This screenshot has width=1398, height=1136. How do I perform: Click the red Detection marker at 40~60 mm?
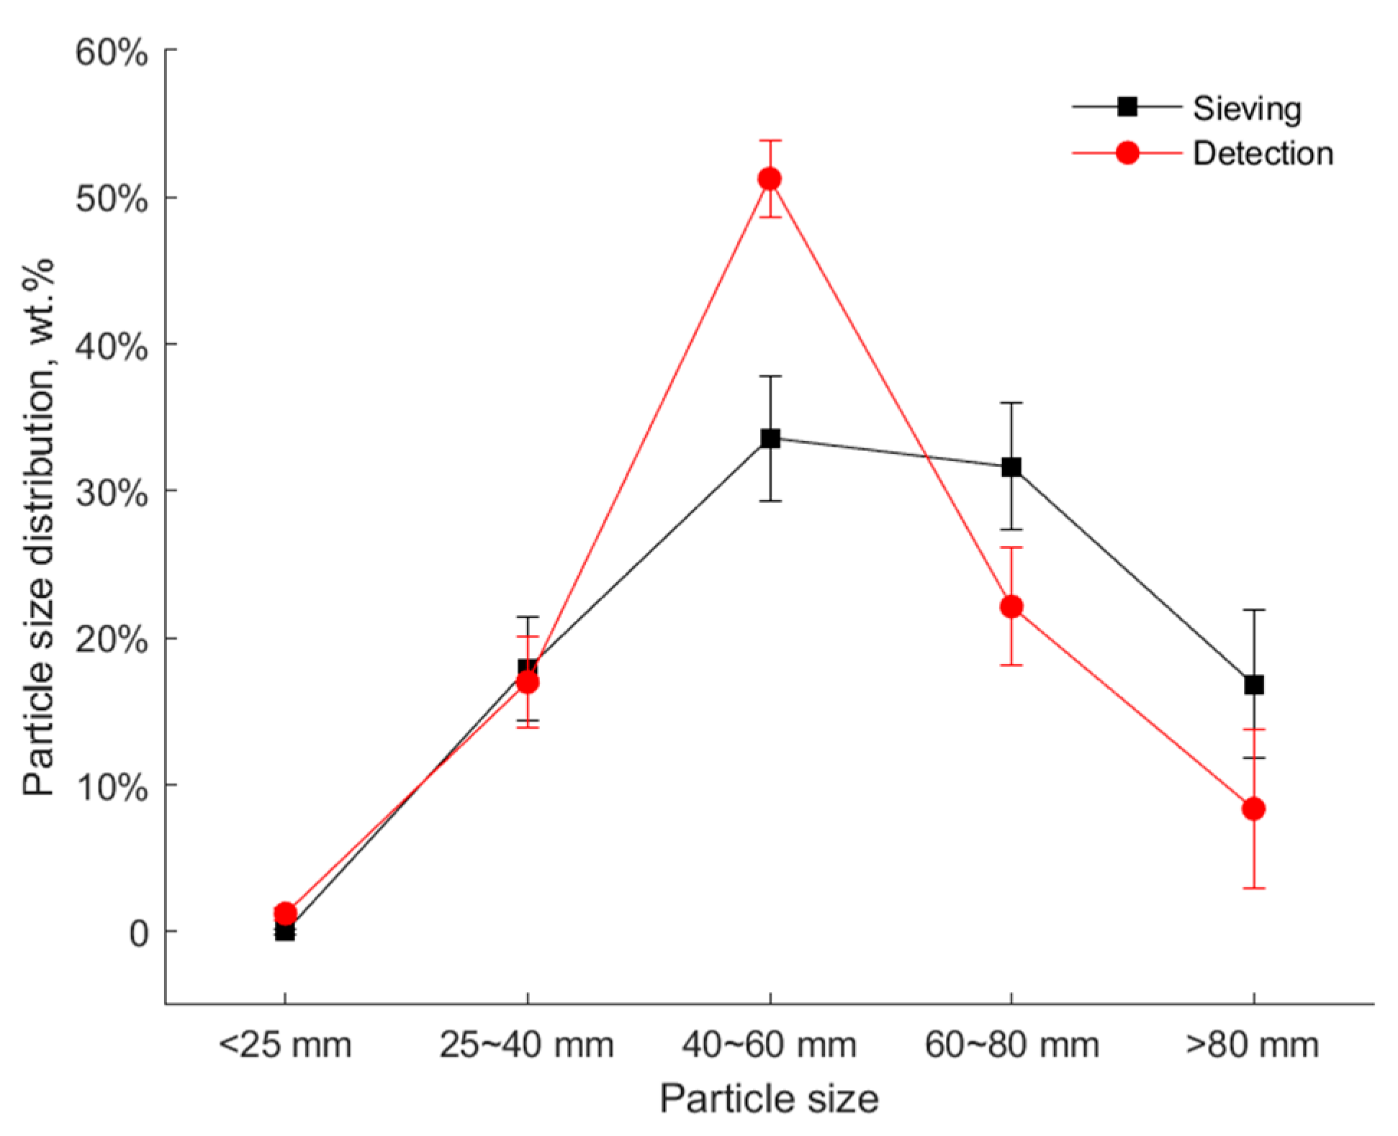click(770, 178)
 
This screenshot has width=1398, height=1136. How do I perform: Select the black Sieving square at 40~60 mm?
click(770, 438)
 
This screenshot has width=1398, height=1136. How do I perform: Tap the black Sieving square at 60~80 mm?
click(1011, 467)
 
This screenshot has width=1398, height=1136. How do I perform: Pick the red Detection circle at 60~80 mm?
click(1011, 606)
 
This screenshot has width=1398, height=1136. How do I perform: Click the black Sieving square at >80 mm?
click(1254, 684)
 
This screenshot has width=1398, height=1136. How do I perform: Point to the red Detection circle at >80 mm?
click(1254, 809)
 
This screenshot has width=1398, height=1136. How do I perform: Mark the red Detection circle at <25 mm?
click(285, 913)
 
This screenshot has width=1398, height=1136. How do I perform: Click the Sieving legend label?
click(1247, 109)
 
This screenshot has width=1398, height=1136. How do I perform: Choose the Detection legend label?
click(1263, 154)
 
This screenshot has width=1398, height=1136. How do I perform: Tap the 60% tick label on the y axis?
click(112, 53)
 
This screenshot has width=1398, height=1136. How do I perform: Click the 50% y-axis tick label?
click(112, 199)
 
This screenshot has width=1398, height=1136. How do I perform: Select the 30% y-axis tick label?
click(112, 493)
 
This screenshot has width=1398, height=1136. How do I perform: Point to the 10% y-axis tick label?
click(112, 787)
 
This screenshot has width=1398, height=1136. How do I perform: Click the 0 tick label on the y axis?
click(138, 933)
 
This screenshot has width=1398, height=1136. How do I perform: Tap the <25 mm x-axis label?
click(285, 1045)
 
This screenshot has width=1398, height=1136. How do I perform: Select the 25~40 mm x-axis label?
click(527, 1045)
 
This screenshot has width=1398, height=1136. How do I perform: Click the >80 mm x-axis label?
click(1253, 1045)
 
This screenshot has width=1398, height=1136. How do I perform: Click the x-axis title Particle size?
click(769, 1099)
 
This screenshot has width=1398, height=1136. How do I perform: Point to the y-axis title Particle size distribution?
click(39, 527)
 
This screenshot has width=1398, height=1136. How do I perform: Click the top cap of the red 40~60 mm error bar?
click(770, 141)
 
